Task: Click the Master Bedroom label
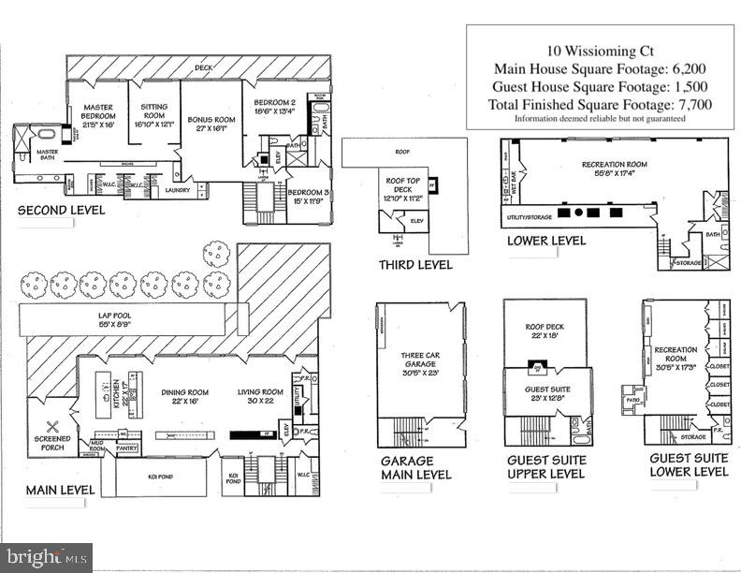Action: point(98,116)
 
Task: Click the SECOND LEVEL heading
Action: point(61,211)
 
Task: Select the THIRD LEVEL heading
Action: point(415,265)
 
